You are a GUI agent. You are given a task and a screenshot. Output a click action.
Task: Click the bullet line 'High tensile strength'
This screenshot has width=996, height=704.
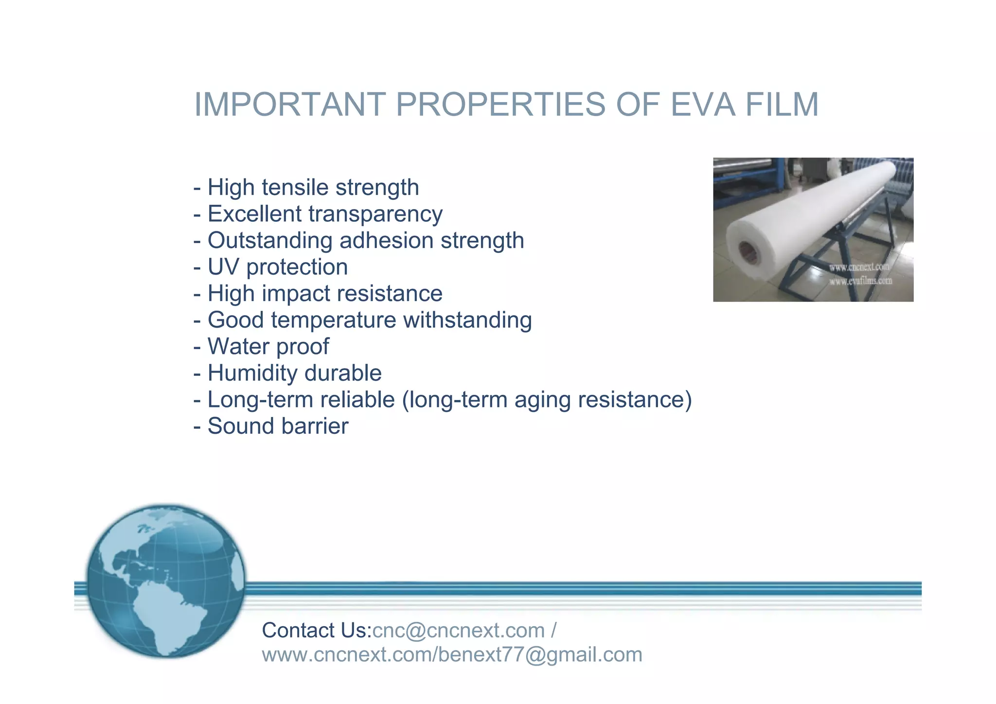[x=306, y=187]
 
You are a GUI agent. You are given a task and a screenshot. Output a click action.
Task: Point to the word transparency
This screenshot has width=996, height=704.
[x=375, y=214]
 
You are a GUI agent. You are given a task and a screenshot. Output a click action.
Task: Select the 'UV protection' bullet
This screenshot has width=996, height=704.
[x=271, y=267]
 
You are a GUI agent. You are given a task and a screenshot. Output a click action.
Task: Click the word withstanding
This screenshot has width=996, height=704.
[x=467, y=320]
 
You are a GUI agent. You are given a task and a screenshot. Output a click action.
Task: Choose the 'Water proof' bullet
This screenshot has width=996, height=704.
[x=261, y=347]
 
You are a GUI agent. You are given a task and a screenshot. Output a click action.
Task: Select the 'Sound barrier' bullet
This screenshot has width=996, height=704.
[x=271, y=426]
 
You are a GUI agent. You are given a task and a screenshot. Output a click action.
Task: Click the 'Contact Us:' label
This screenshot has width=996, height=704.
[x=317, y=631]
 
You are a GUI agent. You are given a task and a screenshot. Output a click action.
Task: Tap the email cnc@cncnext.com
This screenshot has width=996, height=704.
[x=458, y=631]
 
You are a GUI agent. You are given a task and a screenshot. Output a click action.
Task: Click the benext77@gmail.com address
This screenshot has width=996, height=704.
[x=540, y=655]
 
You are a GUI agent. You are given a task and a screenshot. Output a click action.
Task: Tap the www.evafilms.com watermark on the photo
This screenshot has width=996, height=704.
[x=860, y=281]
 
